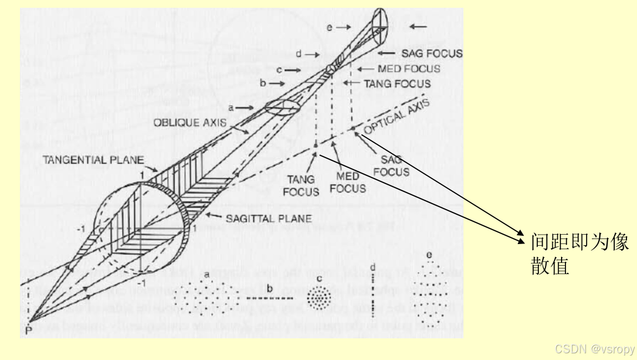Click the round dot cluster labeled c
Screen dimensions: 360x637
coord(318,298)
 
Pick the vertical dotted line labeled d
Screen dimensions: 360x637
coord(374,297)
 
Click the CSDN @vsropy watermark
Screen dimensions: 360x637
coord(595,349)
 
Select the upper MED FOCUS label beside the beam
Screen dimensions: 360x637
coord(409,69)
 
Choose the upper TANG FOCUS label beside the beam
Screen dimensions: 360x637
coord(396,84)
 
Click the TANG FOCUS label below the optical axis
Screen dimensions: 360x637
coord(302,185)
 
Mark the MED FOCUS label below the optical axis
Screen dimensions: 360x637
coord(348,182)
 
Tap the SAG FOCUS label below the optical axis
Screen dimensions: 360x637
coord(391,166)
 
